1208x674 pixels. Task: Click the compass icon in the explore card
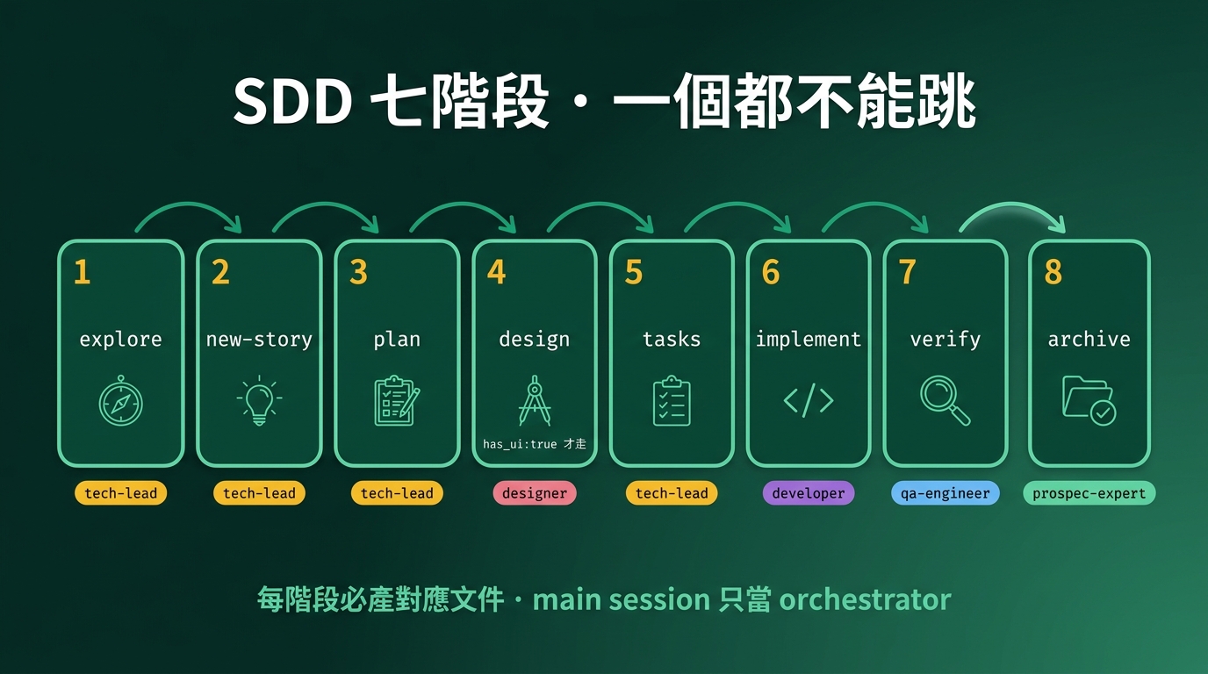[x=121, y=402]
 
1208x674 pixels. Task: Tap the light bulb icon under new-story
[x=259, y=402]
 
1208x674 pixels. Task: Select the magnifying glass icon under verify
[x=946, y=400]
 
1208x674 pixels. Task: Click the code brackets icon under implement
[x=809, y=401]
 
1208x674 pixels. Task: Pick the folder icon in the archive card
[x=1089, y=400]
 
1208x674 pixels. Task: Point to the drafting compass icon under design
[x=534, y=400]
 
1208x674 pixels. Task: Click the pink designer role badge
[x=535, y=493]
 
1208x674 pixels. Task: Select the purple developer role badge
[x=809, y=493]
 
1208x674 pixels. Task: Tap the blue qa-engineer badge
[x=946, y=493]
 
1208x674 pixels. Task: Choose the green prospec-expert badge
[x=1089, y=493]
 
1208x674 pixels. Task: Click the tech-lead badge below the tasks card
[x=672, y=493]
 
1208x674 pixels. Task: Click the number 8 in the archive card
[x=1053, y=273]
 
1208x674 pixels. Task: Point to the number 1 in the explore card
[x=83, y=273]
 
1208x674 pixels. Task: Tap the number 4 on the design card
[x=497, y=273]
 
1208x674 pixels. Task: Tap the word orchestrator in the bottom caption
[x=865, y=600]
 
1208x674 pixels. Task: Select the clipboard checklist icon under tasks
[x=672, y=401]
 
